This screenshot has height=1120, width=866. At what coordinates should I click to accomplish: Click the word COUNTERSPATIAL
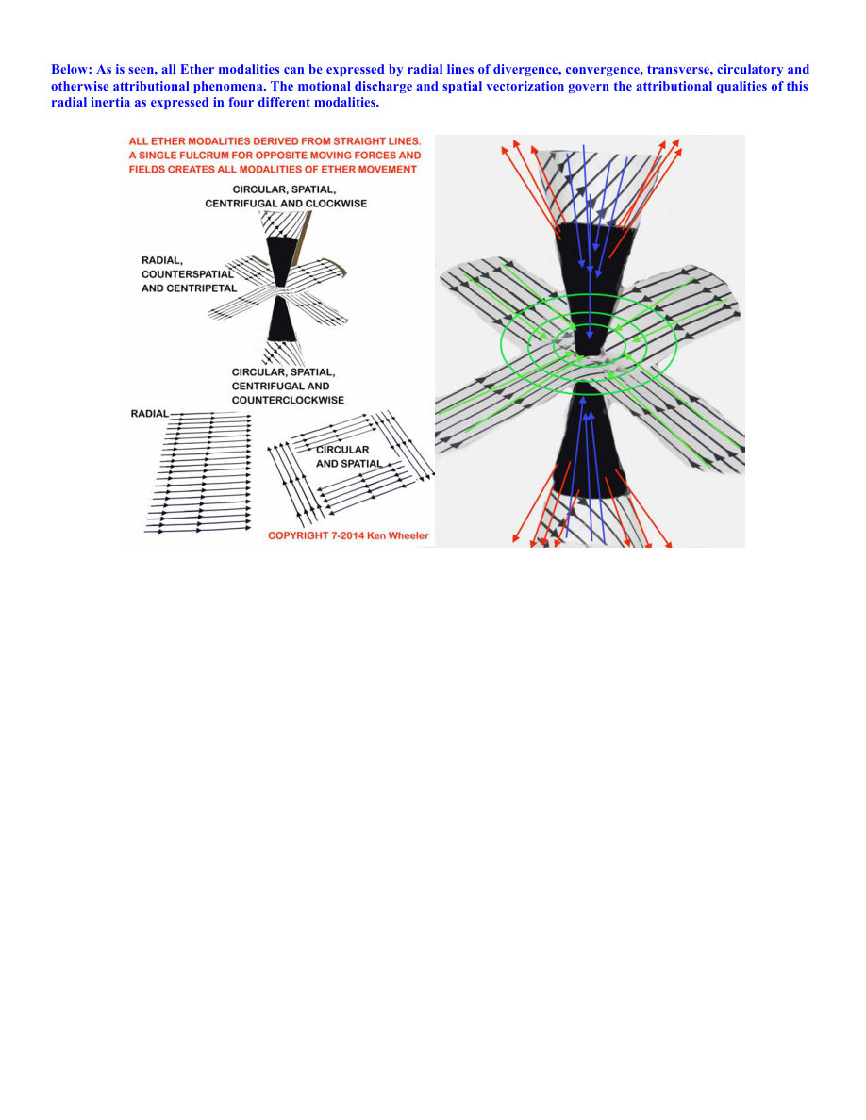(x=187, y=274)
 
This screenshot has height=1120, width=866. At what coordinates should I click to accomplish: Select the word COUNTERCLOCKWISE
(x=288, y=400)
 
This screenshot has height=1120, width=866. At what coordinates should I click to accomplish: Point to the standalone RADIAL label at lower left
(x=150, y=414)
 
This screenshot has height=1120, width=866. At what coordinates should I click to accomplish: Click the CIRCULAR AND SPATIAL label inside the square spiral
(x=349, y=456)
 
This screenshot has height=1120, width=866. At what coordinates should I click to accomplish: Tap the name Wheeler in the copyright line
(x=408, y=535)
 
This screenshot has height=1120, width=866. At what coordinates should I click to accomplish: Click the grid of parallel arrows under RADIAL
(x=199, y=472)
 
